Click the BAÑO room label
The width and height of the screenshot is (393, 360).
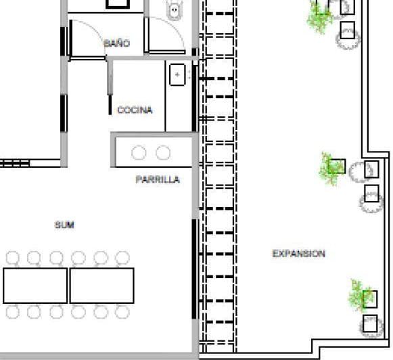click(x=117, y=43)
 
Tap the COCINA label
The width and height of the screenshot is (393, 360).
click(x=135, y=110)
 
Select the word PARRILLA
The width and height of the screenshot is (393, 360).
click(x=158, y=179)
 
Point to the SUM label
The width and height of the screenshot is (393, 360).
click(x=64, y=225)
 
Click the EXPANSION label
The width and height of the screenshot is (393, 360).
click(x=299, y=254)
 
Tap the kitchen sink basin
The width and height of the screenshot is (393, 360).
click(x=177, y=74)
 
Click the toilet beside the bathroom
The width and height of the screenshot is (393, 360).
click(x=175, y=9)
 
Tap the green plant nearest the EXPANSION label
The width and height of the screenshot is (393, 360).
click(x=361, y=296)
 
